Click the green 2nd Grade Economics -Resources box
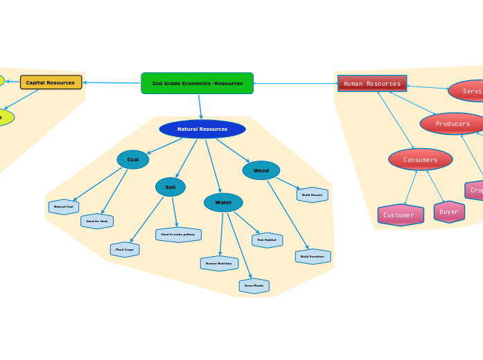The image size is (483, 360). [197, 83]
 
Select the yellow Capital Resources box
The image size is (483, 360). [51, 82]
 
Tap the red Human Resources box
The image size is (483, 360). [372, 84]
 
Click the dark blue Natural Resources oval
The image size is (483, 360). [202, 129]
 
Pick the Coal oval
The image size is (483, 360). [133, 160]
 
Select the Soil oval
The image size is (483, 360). [170, 187]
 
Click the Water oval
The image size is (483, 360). [223, 202]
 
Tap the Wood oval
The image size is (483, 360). [261, 170]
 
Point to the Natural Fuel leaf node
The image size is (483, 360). [64, 206]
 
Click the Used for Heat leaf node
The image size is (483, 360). [97, 221]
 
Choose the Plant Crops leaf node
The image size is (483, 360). [125, 249]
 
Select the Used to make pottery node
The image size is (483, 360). [178, 235]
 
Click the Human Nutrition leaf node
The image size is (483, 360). [219, 263]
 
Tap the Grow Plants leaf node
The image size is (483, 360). [254, 285]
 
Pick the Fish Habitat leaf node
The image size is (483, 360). [267, 240]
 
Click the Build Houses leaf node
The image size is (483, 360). [312, 195]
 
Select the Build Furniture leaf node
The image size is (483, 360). [313, 256]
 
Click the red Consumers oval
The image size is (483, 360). [420, 159]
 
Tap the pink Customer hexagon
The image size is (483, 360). [401, 215]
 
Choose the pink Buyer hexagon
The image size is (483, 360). [449, 212]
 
